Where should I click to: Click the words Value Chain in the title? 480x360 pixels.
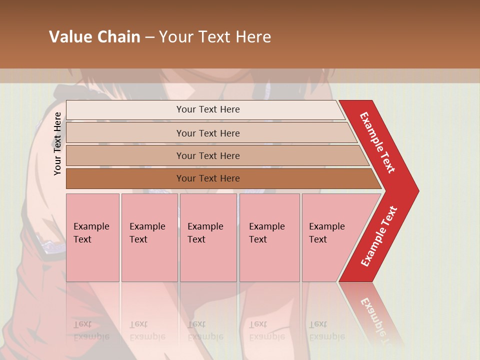94,37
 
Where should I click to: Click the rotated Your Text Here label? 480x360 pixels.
57,143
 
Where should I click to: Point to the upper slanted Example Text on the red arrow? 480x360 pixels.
377,142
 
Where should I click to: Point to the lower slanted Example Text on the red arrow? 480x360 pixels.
379,236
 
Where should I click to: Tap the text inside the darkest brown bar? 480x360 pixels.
208,178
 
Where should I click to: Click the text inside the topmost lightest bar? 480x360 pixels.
208,109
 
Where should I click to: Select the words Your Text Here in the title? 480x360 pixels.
215,37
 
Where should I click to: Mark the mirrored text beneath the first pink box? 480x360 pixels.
91,330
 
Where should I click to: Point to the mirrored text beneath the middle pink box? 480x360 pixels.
205,330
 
